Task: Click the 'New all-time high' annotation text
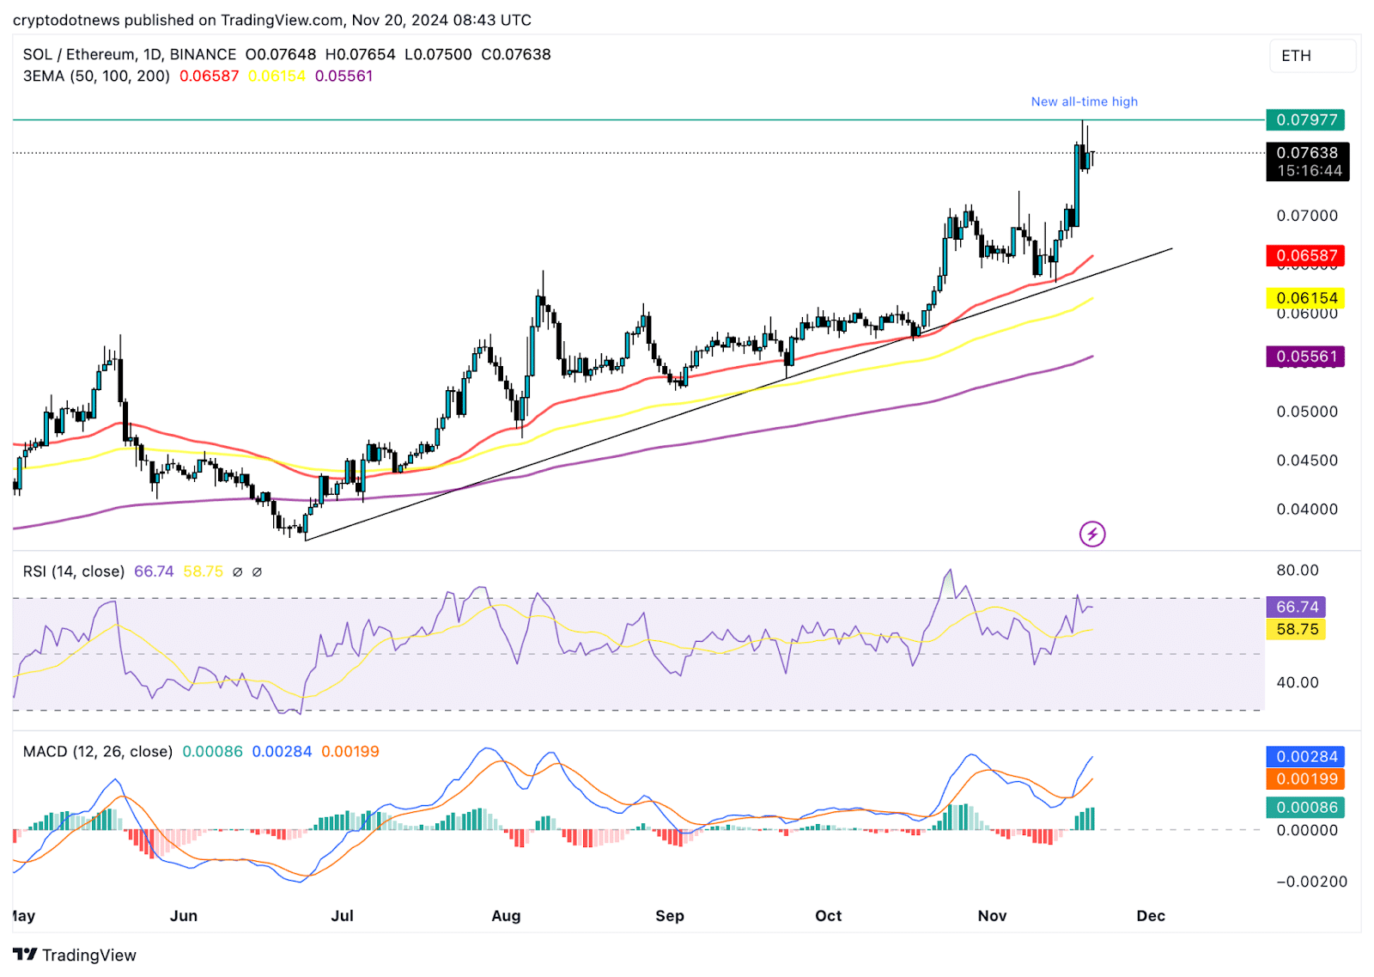[1084, 101]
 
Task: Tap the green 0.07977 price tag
[1305, 119]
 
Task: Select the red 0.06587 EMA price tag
[1305, 255]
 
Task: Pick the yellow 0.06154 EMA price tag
[1305, 298]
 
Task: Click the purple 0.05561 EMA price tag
[1305, 356]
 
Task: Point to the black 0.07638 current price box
[1307, 162]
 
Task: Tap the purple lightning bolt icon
[1091, 534]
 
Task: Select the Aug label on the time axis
[506, 915]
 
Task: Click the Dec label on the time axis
[1150, 915]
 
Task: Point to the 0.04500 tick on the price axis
[1306, 461]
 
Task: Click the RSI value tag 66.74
[1296, 607]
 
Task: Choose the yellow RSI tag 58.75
[1296, 629]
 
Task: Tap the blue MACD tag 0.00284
[1305, 756]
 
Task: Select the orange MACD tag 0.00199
[1305, 779]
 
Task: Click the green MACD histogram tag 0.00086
[1305, 807]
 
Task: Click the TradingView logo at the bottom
[75, 955]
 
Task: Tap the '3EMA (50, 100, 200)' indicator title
[96, 76]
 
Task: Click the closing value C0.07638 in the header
[515, 54]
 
